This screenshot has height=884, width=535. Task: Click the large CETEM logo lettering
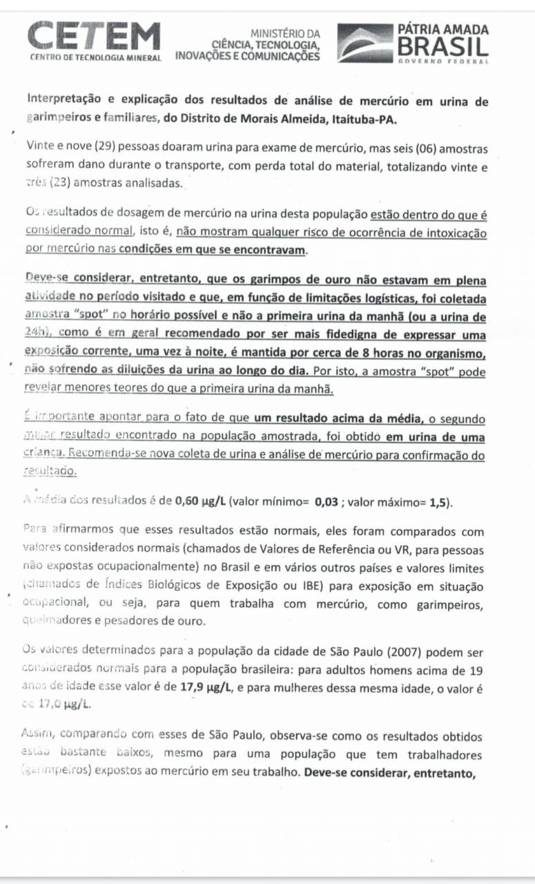point(95,35)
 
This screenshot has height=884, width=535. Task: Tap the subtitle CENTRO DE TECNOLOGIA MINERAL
point(95,57)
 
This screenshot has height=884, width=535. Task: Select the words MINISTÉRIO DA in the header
point(285,33)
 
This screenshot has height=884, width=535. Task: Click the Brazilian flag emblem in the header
point(364,43)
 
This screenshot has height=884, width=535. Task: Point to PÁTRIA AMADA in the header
point(443,29)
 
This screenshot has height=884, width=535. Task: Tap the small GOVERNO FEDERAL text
point(443,61)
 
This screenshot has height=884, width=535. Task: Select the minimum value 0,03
point(326,501)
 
